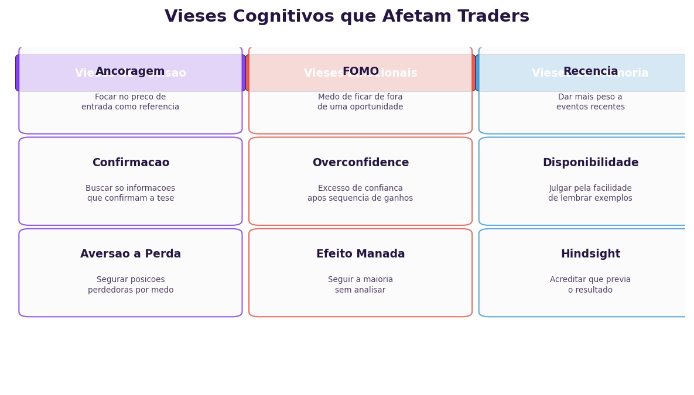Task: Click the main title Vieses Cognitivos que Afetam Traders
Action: (x=347, y=17)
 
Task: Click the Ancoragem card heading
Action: (x=130, y=71)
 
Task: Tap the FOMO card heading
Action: (x=360, y=71)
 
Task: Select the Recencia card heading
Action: (x=590, y=71)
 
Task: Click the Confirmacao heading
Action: (x=131, y=163)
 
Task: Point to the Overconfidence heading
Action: (x=360, y=163)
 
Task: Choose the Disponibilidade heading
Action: (x=590, y=163)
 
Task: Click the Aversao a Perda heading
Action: (x=131, y=254)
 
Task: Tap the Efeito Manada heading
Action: (x=360, y=254)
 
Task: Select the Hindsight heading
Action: (x=590, y=254)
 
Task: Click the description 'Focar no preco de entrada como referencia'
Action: (x=131, y=102)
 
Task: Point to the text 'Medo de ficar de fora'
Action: (x=360, y=97)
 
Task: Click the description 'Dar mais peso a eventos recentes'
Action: (x=590, y=102)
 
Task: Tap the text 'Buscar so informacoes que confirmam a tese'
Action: (x=131, y=193)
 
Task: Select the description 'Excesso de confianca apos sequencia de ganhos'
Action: (x=360, y=193)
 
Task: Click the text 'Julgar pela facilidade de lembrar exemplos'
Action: (x=590, y=193)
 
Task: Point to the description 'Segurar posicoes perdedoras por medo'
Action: (x=131, y=285)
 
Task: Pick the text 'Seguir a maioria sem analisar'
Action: (x=360, y=285)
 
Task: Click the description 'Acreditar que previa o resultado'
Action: (x=590, y=285)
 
